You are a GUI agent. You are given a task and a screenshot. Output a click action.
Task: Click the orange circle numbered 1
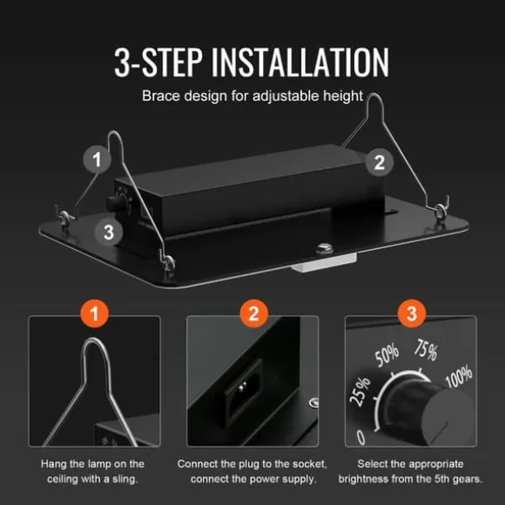(x=94, y=313)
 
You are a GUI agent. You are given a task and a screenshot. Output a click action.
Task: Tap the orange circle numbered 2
(x=253, y=313)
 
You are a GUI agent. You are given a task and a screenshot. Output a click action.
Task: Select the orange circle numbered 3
(x=412, y=313)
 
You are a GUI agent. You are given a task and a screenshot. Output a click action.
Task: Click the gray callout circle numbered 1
(x=97, y=159)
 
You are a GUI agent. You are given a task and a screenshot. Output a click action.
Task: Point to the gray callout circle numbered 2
(x=380, y=162)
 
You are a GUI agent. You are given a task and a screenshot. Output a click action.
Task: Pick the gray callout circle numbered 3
(x=109, y=232)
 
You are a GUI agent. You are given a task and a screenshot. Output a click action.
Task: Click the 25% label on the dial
(x=360, y=392)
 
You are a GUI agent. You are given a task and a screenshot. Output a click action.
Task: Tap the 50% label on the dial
(x=387, y=355)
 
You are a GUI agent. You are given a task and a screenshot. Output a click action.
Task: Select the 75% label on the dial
(x=426, y=350)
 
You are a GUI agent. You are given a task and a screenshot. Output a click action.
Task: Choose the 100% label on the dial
(x=459, y=376)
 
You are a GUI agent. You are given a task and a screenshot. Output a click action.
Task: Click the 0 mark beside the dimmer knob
(x=361, y=438)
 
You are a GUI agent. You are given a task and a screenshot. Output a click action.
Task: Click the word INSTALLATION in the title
(x=300, y=62)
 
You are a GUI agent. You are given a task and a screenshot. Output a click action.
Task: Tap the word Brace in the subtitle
(x=161, y=96)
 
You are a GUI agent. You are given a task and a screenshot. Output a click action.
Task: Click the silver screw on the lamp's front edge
(x=325, y=247)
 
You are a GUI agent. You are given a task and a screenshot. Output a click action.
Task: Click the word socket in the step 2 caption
(x=310, y=464)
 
